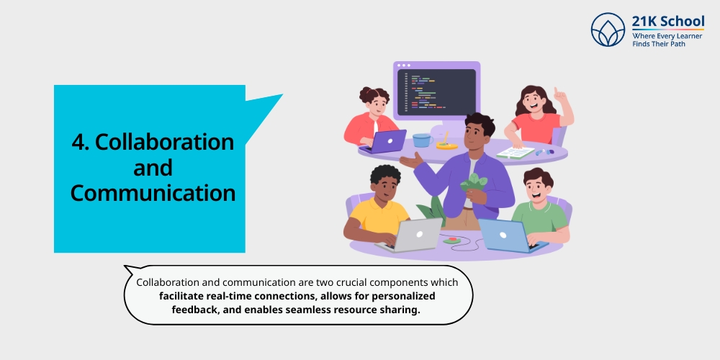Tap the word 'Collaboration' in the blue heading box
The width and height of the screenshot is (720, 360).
pos(165,142)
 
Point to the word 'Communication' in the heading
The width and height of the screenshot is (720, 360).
pos(153,193)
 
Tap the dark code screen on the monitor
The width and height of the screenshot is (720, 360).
pos(436,92)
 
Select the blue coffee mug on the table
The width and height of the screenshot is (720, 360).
pos(422,140)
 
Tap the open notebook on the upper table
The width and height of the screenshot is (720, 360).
pos(516,152)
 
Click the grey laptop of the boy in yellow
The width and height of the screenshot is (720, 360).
pos(418,235)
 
